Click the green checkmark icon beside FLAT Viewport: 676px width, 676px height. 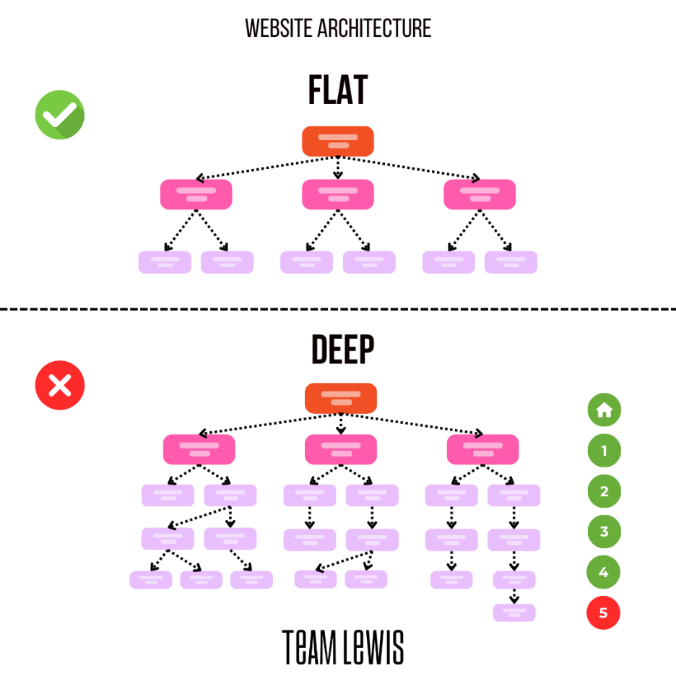tap(60, 115)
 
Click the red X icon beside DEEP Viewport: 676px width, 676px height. tap(60, 385)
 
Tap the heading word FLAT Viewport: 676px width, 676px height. tap(337, 91)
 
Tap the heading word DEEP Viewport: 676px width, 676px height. tap(343, 350)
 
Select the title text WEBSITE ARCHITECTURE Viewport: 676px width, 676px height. tap(338, 28)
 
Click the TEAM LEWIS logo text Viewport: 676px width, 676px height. tap(342, 646)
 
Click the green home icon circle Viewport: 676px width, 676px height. tap(604, 410)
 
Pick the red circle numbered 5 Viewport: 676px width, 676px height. tap(604, 613)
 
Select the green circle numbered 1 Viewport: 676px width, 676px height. tap(604, 451)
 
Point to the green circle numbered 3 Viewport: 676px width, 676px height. tap(604, 532)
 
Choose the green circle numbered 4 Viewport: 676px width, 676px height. tap(604, 573)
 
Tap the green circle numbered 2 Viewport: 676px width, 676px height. tap(604, 492)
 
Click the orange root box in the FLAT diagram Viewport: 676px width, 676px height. tap(337, 141)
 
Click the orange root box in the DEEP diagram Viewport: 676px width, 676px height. tap(341, 398)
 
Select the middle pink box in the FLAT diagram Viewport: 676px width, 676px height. tap(337, 194)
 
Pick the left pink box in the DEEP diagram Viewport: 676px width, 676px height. tap(199, 449)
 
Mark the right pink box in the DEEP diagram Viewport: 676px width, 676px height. tap(482, 449)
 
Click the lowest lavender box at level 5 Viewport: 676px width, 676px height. tap(514, 612)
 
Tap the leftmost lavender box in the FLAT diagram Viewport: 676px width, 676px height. tap(165, 262)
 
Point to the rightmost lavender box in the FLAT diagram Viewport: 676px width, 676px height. tap(511, 262)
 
